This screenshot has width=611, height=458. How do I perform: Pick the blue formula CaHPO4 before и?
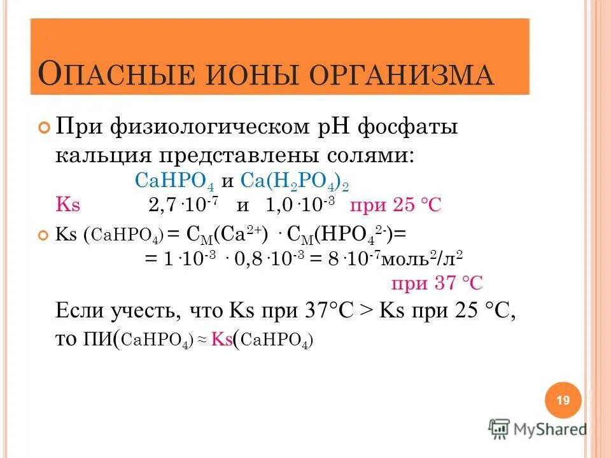[176, 181]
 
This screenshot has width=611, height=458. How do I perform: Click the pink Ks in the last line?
[221, 339]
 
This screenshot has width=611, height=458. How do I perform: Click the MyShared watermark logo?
[537, 429]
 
